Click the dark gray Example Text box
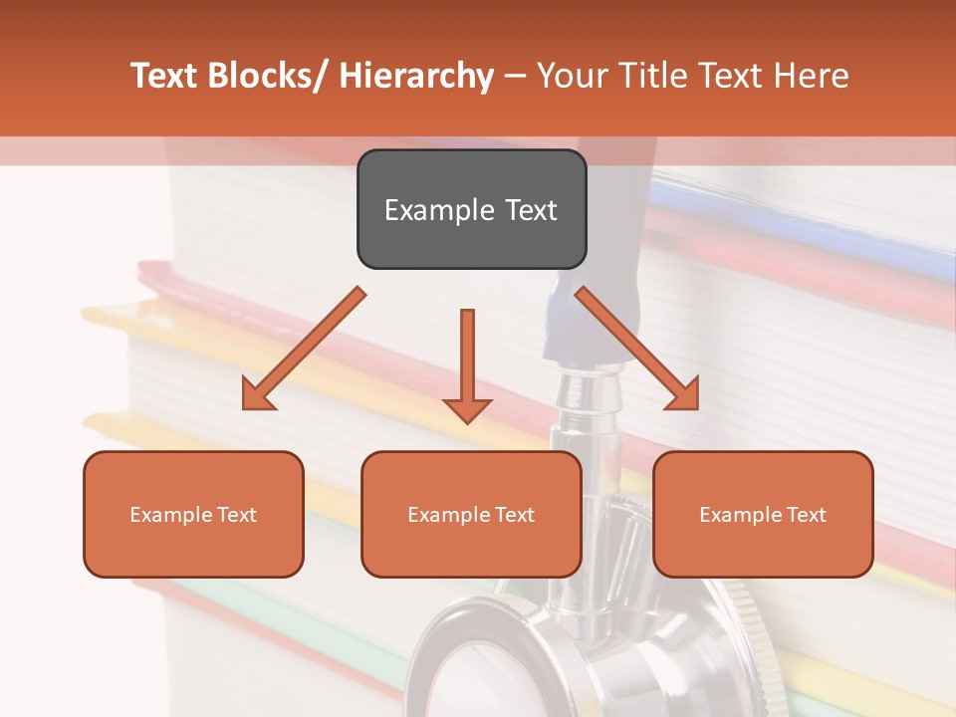point(471,209)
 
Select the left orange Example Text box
point(193,514)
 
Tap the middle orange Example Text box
point(471,514)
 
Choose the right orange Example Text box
point(763,514)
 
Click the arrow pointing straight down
point(467,364)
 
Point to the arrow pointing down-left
point(304,349)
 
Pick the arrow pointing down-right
point(637,349)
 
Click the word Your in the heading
point(571,76)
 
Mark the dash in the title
point(515,77)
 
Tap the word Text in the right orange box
point(806,515)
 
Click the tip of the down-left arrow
point(244,407)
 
